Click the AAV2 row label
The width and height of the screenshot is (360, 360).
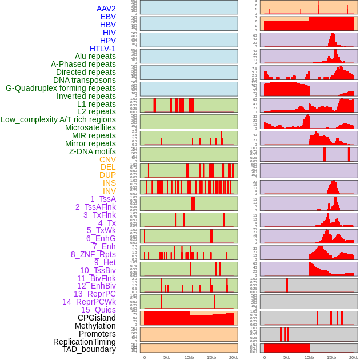tap(106, 9)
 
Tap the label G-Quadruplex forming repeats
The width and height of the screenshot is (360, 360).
tap(61, 88)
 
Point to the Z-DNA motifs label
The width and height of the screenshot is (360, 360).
tap(92, 151)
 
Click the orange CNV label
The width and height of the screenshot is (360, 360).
tap(107, 159)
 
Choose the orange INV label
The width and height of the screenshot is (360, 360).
tap(109, 191)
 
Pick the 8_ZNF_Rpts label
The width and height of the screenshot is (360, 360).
tap(93, 254)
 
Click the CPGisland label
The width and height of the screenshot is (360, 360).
tap(97, 318)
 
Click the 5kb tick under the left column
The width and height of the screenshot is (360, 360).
tap(167, 357)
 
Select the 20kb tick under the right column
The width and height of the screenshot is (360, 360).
tap(353, 357)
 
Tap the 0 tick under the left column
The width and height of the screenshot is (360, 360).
tap(144, 357)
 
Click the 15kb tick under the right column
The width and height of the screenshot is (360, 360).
tap(331, 357)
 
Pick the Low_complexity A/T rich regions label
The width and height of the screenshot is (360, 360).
tap(58, 119)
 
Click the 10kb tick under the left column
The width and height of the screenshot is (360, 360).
tap(189, 357)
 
